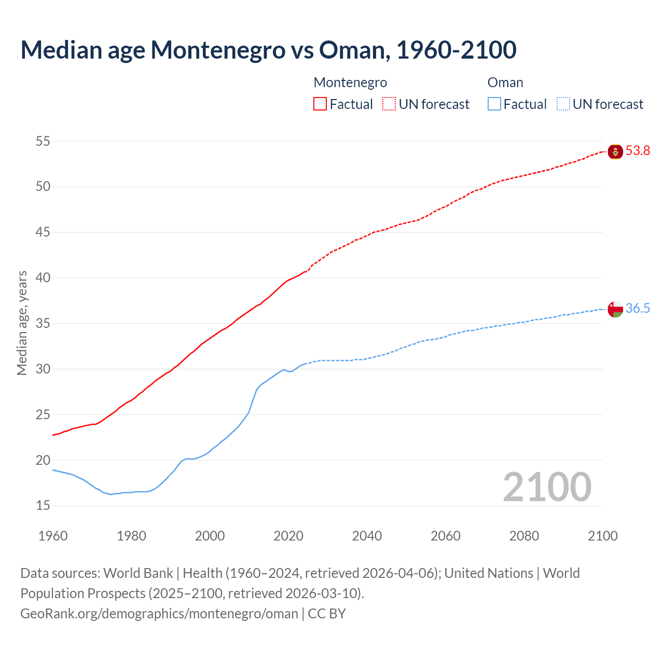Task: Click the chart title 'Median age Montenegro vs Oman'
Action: point(268,50)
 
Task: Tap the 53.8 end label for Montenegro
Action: point(638,151)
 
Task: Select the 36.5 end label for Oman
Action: point(638,309)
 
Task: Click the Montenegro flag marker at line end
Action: point(615,151)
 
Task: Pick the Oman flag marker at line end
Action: point(615,309)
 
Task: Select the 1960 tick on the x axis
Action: point(53,536)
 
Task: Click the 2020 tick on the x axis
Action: point(288,536)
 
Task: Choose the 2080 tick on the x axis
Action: point(524,536)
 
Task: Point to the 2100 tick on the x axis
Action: point(602,536)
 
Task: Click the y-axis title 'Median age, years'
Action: point(22,323)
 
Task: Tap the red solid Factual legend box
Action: point(320,104)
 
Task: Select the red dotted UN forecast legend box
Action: point(389,104)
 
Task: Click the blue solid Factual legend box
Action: point(494,104)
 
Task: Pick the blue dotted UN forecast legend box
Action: point(563,104)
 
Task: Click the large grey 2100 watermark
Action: point(547,487)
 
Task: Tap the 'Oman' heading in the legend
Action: point(505,82)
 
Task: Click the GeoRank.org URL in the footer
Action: point(159,614)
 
